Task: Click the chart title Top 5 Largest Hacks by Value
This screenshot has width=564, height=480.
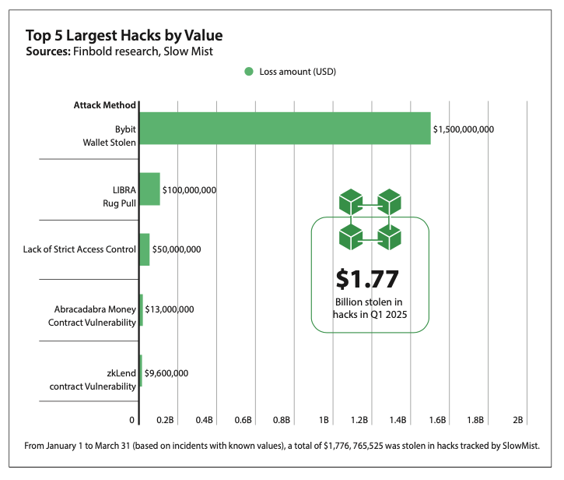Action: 124,36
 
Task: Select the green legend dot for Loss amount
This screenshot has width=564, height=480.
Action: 249,71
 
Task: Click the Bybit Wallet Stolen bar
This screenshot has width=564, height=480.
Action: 284,129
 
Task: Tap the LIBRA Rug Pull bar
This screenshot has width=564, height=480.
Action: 149,189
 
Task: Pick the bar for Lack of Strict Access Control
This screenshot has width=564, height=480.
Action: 144,249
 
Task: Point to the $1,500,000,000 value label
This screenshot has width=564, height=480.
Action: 464,129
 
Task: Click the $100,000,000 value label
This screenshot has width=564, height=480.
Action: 189,189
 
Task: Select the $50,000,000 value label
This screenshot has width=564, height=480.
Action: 177,249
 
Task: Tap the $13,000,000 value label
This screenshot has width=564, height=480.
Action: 169,309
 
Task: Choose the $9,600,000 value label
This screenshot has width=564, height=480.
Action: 166,373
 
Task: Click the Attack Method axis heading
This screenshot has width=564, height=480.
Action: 105,105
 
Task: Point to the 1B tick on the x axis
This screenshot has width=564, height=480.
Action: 322,420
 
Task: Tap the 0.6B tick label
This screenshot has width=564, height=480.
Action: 243,420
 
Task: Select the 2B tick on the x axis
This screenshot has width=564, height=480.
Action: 518,420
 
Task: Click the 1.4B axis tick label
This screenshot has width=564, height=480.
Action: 398,420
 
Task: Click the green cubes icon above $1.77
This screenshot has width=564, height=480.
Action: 370,217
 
